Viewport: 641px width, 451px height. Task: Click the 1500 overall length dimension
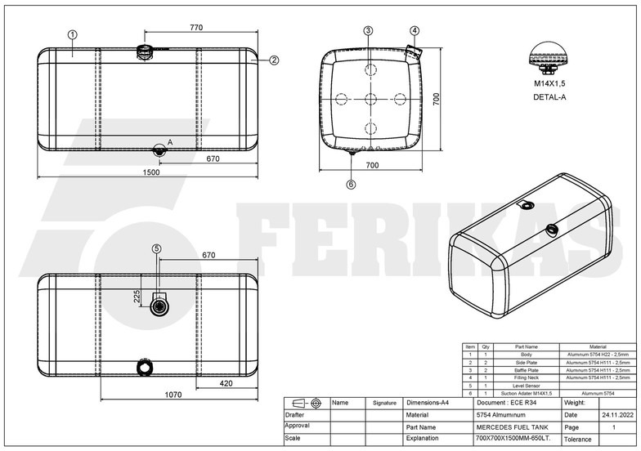click(152, 173)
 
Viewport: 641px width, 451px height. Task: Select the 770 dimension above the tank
click(196, 28)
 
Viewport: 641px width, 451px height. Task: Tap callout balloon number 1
click(73, 34)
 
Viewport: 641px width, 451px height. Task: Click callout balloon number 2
click(274, 60)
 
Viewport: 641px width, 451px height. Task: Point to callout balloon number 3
click(369, 30)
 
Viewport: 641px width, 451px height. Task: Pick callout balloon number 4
click(415, 30)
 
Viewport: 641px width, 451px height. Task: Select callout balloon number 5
click(157, 248)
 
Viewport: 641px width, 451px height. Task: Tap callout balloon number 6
click(352, 185)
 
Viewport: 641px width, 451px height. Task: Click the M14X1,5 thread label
click(549, 84)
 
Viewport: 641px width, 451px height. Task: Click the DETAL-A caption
click(549, 97)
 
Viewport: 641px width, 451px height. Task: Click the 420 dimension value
click(226, 382)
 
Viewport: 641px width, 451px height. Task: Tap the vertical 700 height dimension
click(437, 98)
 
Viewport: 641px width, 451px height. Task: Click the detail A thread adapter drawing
click(549, 57)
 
